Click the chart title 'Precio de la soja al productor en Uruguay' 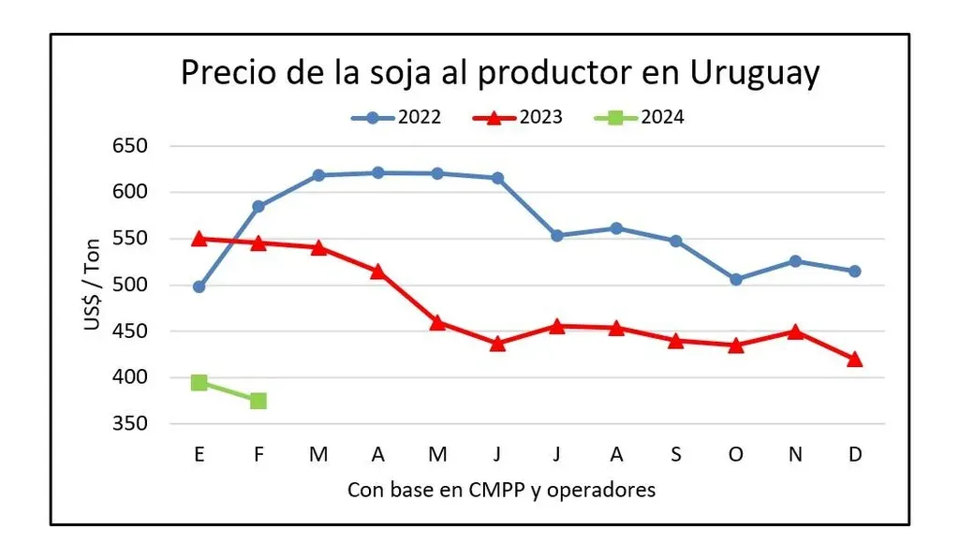tap(499, 73)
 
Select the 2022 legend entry tap(395, 117)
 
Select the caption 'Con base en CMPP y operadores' tap(501, 490)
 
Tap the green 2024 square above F tap(258, 401)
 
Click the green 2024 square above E tap(199, 382)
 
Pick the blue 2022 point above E tap(199, 287)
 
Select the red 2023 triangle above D tap(854, 360)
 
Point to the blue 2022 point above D tap(854, 272)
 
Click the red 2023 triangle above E tap(199, 239)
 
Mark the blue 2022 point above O tap(736, 279)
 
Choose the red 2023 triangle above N tap(795, 331)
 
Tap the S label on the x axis tap(676, 454)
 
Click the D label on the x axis tap(854, 454)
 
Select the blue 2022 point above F tap(258, 206)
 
